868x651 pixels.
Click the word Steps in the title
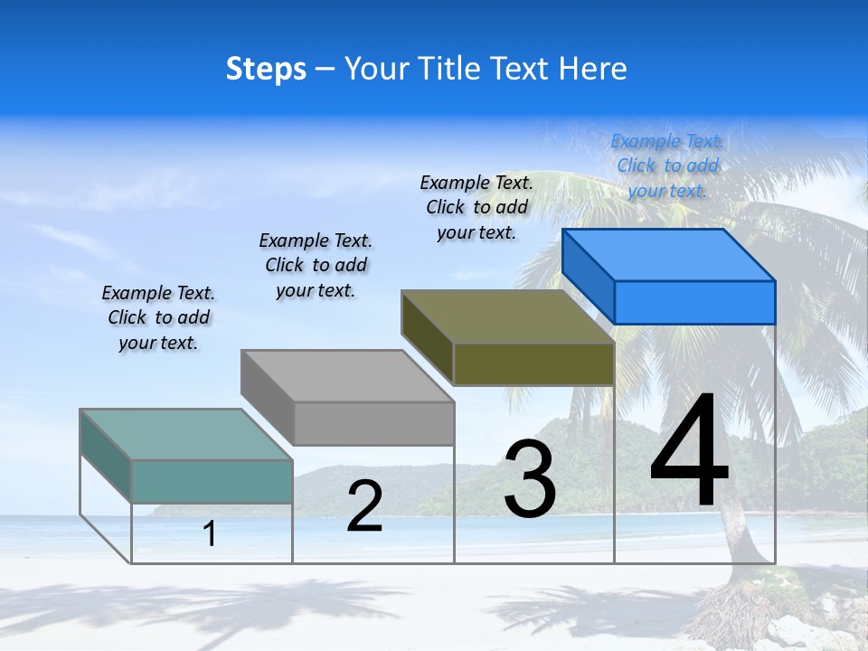point(266,69)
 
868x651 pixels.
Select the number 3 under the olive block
point(530,479)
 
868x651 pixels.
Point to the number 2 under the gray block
point(364,506)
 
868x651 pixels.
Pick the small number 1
point(210,533)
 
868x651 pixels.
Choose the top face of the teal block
point(186,434)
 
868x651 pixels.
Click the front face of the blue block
point(694,302)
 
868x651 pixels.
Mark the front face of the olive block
point(533,363)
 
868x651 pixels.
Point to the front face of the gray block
point(373,423)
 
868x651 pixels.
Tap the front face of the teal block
point(212,481)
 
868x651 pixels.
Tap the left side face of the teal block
point(106,456)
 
